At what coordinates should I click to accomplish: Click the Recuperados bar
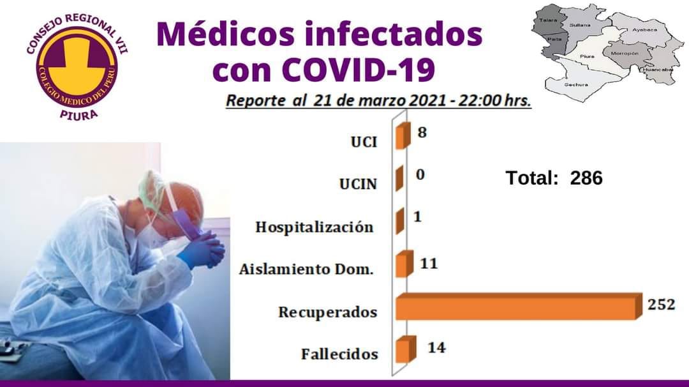tap(516, 307)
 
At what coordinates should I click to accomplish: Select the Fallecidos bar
tap(406, 349)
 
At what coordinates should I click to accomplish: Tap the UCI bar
tap(403, 136)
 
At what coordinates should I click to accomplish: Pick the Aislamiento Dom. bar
tap(404, 264)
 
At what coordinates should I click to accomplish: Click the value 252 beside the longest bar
tap(662, 305)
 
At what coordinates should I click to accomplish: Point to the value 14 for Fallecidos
tap(437, 347)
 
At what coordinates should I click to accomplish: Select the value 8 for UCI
tap(422, 132)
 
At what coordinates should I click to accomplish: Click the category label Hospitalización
tap(314, 227)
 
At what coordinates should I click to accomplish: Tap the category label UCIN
tap(358, 184)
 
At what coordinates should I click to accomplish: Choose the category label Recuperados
tap(328, 312)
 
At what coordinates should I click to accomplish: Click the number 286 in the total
tap(586, 178)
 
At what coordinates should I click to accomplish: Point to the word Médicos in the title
tap(225, 34)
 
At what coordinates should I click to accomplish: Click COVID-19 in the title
tap(359, 69)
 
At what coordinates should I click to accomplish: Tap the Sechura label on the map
tap(576, 84)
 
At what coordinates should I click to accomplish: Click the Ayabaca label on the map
tap(644, 29)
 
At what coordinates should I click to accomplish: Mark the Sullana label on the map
tap(580, 25)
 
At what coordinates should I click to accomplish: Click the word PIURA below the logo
tap(78, 115)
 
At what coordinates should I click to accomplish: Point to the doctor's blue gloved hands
tap(203, 250)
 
